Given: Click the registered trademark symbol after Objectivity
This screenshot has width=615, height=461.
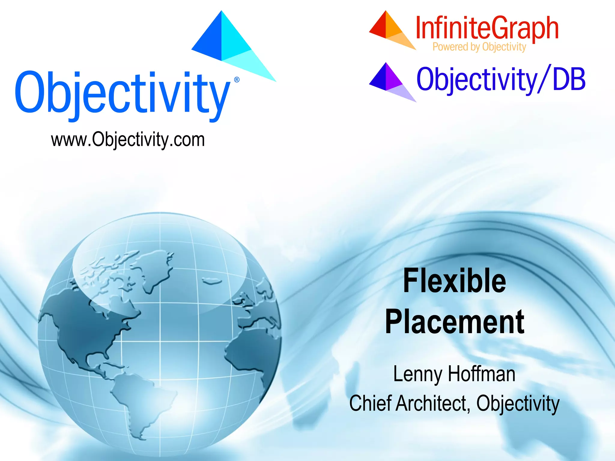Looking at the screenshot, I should [237, 80].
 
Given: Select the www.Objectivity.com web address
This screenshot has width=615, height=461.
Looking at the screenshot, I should [128, 140].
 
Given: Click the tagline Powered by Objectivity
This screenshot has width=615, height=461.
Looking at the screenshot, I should [479, 47].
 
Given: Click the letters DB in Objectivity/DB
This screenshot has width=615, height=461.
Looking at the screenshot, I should [569, 79].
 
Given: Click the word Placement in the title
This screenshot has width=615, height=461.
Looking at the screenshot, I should [455, 322].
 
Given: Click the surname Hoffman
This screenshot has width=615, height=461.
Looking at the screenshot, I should [482, 374].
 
